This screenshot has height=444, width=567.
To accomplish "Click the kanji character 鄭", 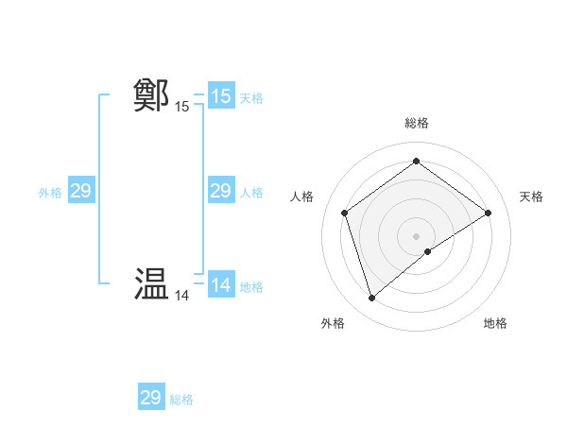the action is [x=152, y=96].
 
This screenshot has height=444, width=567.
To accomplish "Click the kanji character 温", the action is [x=152, y=285].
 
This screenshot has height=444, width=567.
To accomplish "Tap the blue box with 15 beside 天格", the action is [x=220, y=96].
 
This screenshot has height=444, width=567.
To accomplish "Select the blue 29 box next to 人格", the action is [x=220, y=192].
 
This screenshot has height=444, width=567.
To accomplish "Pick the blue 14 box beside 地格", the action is [x=220, y=285].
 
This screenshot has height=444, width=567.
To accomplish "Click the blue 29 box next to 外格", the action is [x=80, y=192].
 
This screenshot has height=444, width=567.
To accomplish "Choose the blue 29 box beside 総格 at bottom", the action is [x=151, y=398].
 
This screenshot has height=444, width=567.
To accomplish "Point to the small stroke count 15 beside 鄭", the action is [x=181, y=107].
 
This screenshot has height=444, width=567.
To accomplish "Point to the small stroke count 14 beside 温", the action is [x=181, y=296].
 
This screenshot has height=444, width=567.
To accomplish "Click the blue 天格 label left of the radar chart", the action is [x=251, y=98].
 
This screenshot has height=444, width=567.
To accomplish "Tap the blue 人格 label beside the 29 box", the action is [x=251, y=193].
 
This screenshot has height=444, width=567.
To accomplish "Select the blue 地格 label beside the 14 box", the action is [x=251, y=287].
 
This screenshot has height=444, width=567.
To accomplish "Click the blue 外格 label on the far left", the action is [x=50, y=193].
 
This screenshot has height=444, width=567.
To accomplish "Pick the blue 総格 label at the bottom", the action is [x=181, y=400].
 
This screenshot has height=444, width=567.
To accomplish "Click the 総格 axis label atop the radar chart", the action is [x=416, y=123].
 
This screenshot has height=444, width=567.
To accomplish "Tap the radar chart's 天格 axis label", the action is [x=532, y=196].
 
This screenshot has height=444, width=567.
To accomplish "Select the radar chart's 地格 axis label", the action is [x=495, y=323].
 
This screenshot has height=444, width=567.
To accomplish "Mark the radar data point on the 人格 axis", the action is [x=344, y=213].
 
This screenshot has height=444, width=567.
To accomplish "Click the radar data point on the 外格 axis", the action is [x=371, y=299].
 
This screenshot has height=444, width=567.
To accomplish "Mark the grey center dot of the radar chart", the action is [x=416, y=235].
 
